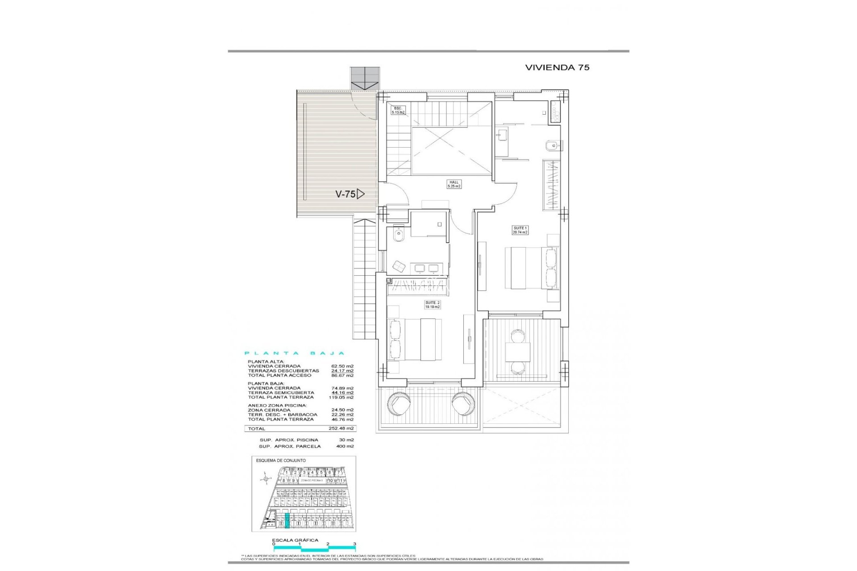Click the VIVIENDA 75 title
[557, 67]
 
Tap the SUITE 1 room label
[520, 230]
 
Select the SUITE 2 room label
[432, 305]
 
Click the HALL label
[454, 184]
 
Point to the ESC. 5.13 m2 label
[398, 110]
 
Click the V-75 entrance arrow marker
[361, 194]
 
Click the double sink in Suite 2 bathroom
[426, 268]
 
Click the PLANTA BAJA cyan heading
[295, 353]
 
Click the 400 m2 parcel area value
[345, 446]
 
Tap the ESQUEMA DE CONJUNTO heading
[281, 460]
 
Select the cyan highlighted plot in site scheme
[287, 521]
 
